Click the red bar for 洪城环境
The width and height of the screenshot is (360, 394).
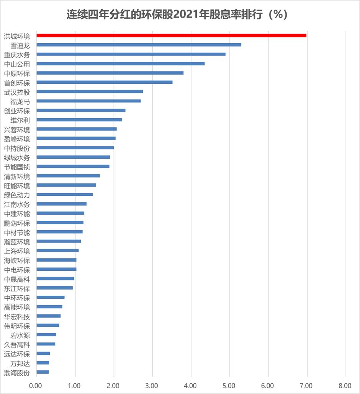click(171, 35)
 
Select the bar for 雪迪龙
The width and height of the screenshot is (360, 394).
click(139, 45)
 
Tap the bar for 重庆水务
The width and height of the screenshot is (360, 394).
click(131, 54)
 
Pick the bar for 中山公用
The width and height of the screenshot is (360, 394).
click(120, 63)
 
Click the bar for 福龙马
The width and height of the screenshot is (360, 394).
click(88, 101)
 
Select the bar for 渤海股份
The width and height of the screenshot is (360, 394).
click(43, 372)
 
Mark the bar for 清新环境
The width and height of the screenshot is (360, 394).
click(68, 176)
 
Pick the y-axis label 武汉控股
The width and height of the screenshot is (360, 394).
click(17, 92)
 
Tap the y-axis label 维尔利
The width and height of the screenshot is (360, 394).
click(20, 120)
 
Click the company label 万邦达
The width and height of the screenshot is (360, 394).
click(20, 363)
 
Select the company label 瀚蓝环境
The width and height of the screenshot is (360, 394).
click(17, 241)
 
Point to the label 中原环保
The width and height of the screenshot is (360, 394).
click(17, 73)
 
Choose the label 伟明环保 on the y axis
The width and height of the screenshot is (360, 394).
click(17, 326)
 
